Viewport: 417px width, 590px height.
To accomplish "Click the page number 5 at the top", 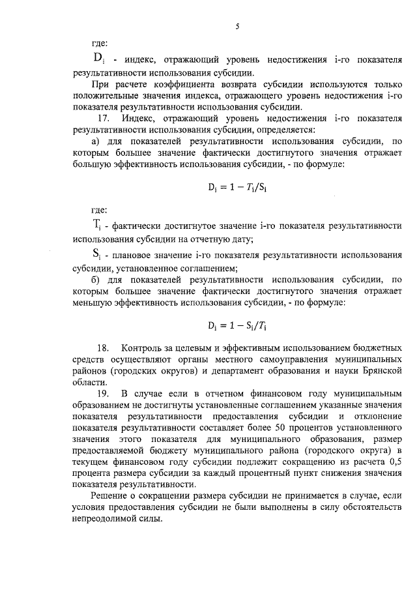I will pyautogui.click(x=238, y=27).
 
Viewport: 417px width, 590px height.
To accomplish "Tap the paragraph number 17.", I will pyautogui.click(x=103, y=119).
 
